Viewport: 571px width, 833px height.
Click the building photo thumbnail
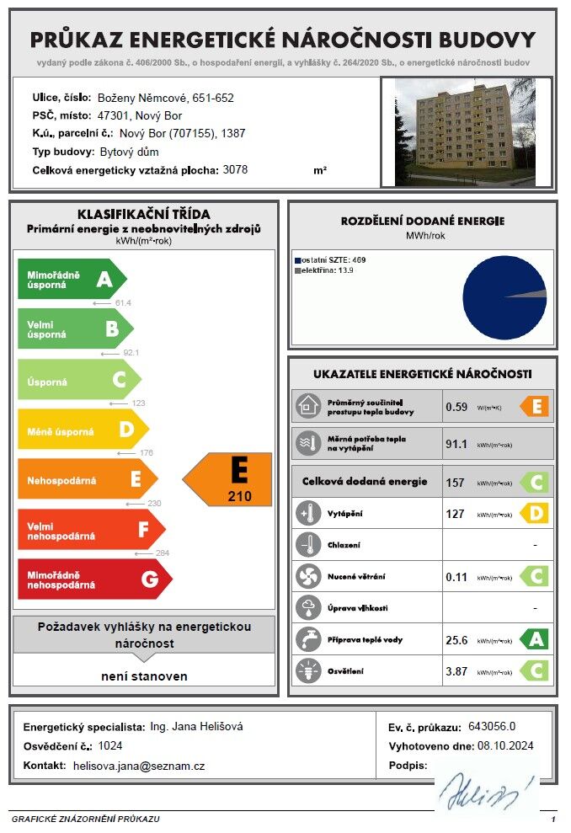click(x=465, y=132)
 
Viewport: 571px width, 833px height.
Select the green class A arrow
click(x=72, y=280)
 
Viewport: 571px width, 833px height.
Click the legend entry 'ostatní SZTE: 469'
click(x=323, y=260)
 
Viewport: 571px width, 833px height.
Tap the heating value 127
click(x=456, y=513)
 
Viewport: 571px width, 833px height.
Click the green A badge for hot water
click(x=535, y=639)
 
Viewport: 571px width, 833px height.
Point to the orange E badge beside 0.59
click(x=535, y=407)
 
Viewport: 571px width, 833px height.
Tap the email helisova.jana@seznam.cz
click(x=139, y=766)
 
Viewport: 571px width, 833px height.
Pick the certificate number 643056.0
click(x=497, y=727)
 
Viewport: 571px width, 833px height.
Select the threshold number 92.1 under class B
click(x=131, y=353)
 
